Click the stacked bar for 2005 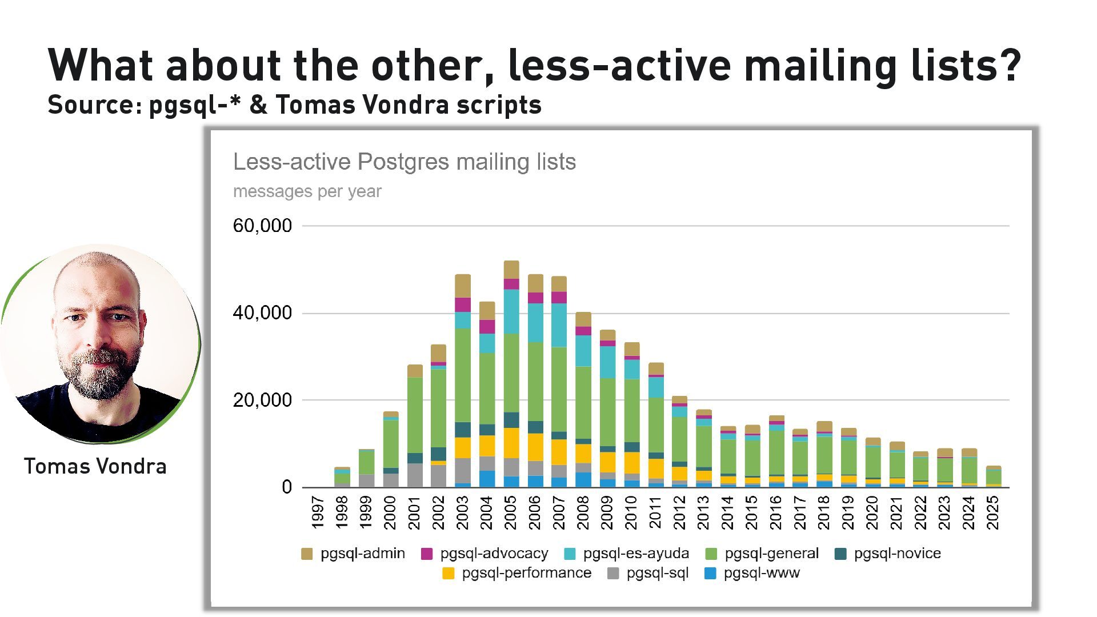tap(511, 374)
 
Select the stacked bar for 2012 tap(679, 442)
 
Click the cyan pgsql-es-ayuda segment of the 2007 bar tap(559, 325)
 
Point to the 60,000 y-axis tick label tap(262, 226)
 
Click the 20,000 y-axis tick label tap(262, 400)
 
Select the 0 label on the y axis tap(287, 487)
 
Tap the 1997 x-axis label tap(318, 512)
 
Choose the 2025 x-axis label tap(993, 512)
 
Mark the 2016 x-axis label tap(776, 512)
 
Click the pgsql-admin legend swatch tap(307, 554)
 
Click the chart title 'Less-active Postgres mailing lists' tap(405, 162)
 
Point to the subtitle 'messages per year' tap(307, 191)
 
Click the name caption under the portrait tap(95, 466)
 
